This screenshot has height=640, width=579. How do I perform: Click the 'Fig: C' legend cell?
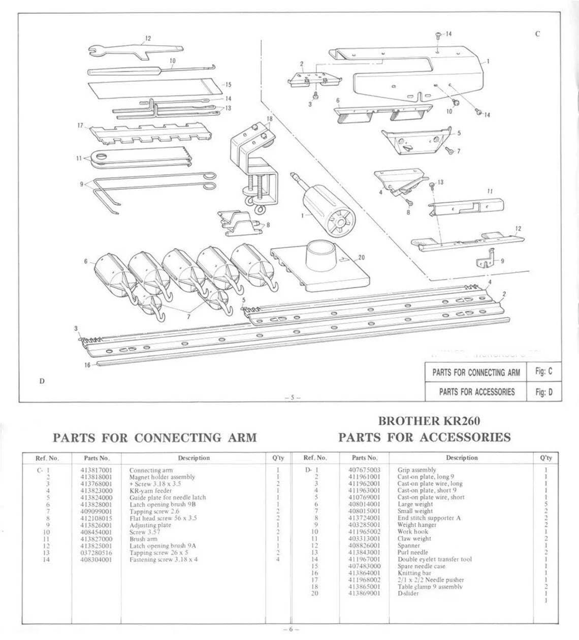543,372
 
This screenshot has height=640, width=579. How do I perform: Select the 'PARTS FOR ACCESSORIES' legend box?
476,391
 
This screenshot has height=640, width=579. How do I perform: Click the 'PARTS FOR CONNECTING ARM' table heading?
155,437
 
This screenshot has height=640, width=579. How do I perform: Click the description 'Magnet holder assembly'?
162,477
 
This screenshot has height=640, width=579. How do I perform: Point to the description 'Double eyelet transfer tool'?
434,559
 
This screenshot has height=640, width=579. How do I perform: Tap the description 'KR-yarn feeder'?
151,491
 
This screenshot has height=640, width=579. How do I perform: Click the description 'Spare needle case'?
422,566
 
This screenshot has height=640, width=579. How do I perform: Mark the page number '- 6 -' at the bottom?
289,629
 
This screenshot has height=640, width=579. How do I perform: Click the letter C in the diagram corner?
537,34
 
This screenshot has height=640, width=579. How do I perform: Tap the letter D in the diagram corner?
41,381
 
